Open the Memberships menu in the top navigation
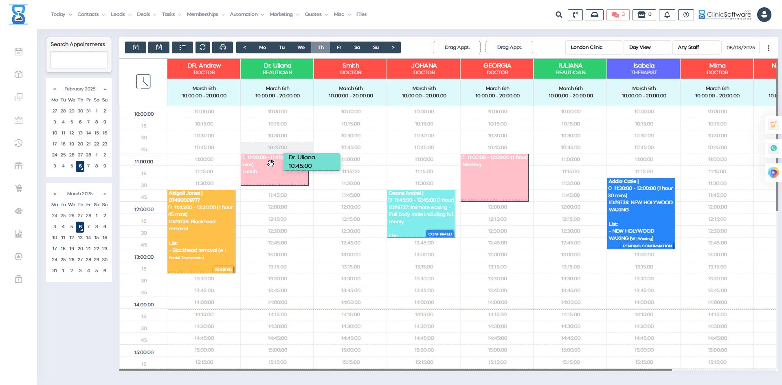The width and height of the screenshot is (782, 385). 205,14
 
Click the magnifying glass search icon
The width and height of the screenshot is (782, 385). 559,15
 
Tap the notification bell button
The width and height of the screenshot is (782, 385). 667,15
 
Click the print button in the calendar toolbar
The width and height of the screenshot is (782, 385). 222,47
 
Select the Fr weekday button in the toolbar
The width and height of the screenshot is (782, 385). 339,47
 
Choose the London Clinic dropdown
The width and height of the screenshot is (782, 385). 593,47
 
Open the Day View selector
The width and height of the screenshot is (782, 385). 646,47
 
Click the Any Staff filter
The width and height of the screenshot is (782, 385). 695,47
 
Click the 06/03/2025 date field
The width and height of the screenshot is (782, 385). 740,47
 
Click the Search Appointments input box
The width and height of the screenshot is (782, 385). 79,60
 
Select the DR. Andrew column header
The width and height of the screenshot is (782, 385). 204,68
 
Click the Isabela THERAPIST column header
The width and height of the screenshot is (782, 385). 644,68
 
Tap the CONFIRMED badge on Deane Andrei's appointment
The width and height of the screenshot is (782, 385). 440,234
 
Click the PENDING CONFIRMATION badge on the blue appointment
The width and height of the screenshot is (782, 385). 647,246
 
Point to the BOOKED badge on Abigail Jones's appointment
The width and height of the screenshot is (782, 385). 223,270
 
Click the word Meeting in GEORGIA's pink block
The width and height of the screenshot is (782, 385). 472,165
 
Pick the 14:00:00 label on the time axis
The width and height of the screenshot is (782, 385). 144,305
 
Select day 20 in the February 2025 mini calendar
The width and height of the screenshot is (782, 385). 80,144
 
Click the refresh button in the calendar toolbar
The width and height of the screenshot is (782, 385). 202,47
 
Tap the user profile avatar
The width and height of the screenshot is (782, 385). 764,15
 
